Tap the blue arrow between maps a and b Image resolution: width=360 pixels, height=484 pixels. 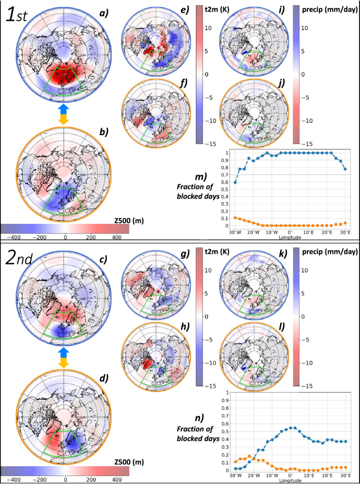[x=64, y=107]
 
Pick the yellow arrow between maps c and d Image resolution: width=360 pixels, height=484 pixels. [x=64, y=362]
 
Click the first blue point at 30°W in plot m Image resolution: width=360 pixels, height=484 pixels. [x=234, y=182]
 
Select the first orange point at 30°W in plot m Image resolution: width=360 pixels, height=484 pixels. [x=234, y=218]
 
